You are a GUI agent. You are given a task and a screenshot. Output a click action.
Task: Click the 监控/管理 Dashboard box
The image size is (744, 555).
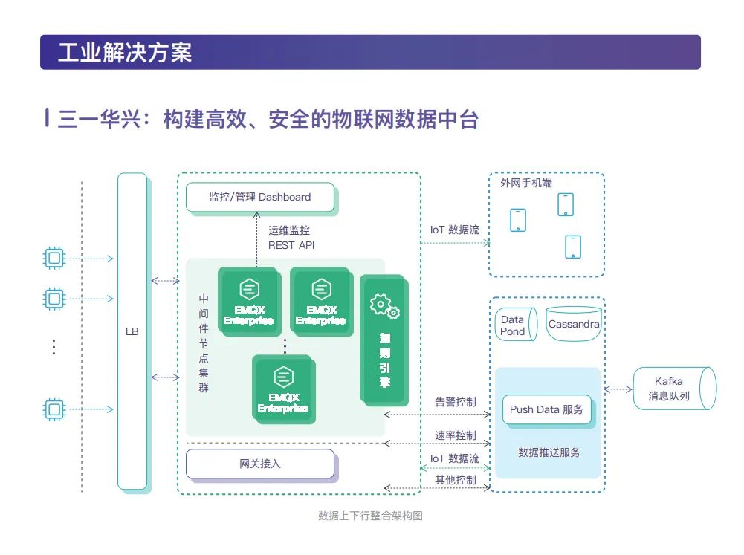click(259, 197)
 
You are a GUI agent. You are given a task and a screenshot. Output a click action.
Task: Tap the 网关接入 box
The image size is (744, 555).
click(259, 464)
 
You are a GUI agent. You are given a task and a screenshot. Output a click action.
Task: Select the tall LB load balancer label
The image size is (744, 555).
click(132, 331)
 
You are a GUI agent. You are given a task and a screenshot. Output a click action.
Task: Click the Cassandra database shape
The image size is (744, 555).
click(573, 325)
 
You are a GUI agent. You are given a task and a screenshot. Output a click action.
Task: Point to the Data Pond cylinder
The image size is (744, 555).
click(514, 325)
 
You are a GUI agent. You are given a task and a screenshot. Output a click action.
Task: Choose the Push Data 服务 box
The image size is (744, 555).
click(546, 409)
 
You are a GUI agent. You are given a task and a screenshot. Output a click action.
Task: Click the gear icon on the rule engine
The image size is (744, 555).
click(384, 306)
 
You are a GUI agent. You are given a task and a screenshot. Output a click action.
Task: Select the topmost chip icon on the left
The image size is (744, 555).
click(54, 259)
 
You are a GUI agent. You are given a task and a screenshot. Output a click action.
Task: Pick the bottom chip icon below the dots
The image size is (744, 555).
click(54, 409)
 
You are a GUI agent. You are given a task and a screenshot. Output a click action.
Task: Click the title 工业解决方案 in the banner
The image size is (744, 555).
click(124, 53)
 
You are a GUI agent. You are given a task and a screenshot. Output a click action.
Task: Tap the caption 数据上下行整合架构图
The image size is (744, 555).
click(370, 516)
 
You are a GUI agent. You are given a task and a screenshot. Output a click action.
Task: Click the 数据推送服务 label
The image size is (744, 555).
click(549, 452)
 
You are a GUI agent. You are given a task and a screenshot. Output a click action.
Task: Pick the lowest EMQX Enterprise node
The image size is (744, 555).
click(282, 389)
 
